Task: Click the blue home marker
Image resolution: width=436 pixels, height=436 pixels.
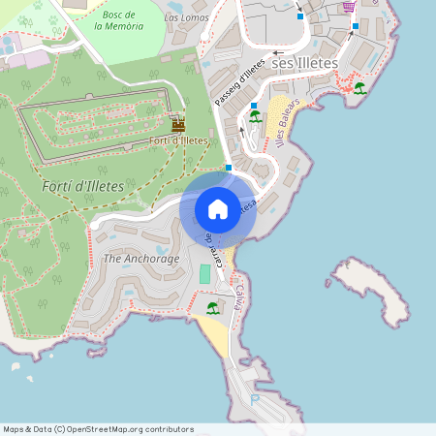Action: [x=218, y=209]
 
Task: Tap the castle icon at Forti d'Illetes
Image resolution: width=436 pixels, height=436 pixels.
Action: [x=177, y=125]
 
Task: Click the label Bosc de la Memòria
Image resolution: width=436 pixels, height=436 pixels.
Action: [x=118, y=20]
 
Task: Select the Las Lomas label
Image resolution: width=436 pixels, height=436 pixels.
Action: [x=185, y=17]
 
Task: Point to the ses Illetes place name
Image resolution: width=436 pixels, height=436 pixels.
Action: [x=305, y=63]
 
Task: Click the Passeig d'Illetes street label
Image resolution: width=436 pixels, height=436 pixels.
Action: [x=239, y=82]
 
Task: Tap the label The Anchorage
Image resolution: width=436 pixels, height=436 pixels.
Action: [x=141, y=259]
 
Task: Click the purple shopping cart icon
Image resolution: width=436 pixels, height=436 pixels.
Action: [x=348, y=7]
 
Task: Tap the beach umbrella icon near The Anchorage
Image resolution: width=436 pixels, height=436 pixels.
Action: [x=212, y=308]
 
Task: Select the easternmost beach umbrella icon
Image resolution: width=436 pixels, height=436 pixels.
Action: [x=359, y=89]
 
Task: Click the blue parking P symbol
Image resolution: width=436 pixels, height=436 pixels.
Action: [x=255, y=398]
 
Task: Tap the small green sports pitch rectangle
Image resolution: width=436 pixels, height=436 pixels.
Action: [x=204, y=274]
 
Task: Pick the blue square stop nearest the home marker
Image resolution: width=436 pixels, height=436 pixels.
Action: [x=229, y=168]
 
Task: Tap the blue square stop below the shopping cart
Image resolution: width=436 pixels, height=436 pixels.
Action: [x=355, y=26]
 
